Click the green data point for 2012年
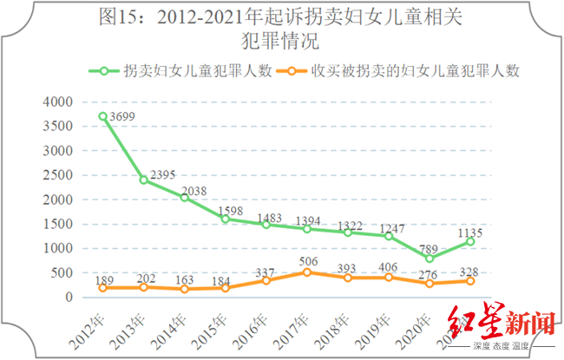(102, 116)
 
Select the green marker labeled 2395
(143, 180)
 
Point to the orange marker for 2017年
(306, 272)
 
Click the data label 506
(306, 259)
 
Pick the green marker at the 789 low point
(430, 259)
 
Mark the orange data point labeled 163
(184, 289)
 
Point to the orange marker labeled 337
(266, 280)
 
